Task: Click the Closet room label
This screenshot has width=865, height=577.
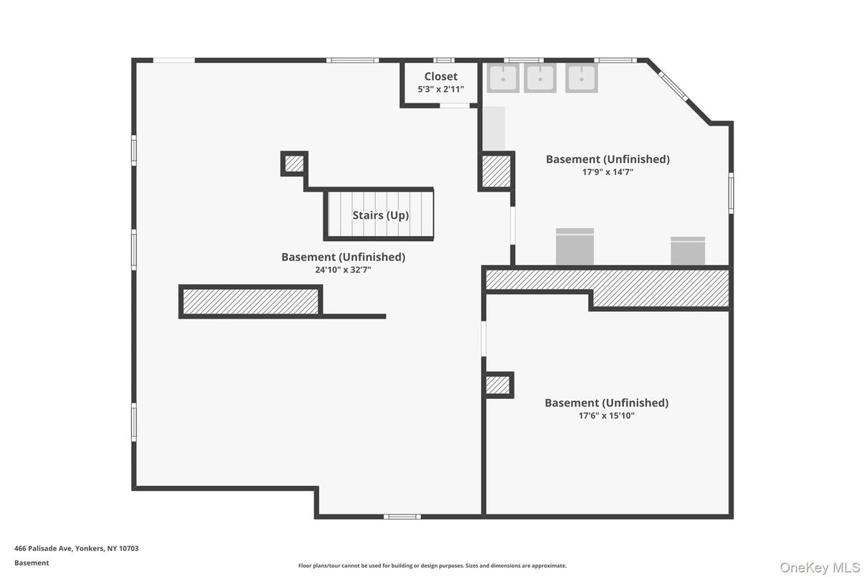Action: click(440, 77)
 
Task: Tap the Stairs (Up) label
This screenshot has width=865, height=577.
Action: click(380, 215)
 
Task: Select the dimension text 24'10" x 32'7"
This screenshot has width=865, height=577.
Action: click(343, 270)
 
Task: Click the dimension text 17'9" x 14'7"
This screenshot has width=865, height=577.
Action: click(608, 172)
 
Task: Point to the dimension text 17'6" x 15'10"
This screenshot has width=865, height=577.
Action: click(606, 416)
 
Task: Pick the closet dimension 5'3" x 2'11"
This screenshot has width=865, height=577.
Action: click(440, 90)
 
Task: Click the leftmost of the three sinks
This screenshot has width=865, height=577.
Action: click(503, 78)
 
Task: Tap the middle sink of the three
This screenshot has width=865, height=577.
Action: click(540, 78)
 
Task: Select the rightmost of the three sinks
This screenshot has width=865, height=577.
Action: click(581, 78)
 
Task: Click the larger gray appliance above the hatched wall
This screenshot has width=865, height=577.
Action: click(575, 247)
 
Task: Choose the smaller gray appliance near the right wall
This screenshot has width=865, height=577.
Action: click(688, 251)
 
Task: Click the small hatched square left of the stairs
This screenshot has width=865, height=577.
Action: click(294, 164)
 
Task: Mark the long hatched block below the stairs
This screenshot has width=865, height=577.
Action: click(250, 301)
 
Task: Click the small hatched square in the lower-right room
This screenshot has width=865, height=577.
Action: click(498, 385)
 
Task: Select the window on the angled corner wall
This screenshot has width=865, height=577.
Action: click(673, 87)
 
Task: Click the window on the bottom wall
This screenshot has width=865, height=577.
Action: click(402, 517)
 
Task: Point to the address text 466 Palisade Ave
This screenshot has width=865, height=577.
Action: click(76, 548)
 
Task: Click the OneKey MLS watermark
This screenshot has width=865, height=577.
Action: click(819, 568)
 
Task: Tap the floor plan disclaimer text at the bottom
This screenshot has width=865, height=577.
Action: click(432, 566)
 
